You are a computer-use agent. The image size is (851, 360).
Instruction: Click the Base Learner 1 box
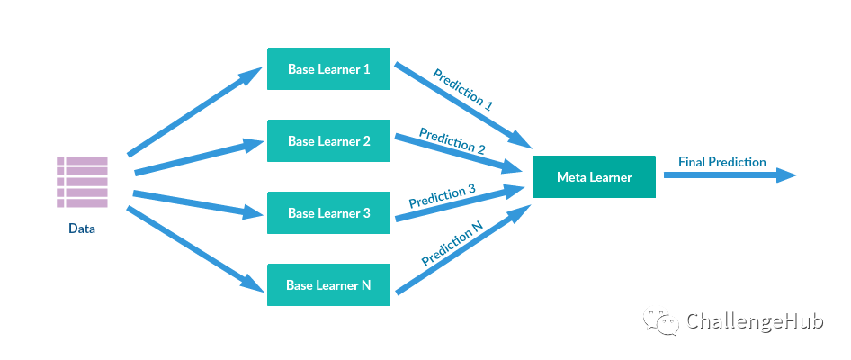click(x=328, y=69)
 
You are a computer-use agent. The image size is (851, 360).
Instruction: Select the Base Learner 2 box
click(x=328, y=141)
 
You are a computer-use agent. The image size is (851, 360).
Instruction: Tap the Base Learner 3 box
click(x=328, y=213)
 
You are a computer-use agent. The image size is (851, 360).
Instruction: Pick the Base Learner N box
click(x=328, y=285)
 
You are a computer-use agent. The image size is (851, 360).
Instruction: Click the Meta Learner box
click(x=594, y=177)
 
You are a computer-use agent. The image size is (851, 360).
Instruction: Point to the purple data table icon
click(x=82, y=182)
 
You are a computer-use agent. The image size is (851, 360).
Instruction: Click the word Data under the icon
click(x=82, y=229)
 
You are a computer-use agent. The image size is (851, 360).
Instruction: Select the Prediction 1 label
click(x=462, y=89)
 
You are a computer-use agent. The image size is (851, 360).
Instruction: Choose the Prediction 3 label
click(x=442, y=196)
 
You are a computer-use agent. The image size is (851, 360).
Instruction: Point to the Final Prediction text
click(x=722, y=162)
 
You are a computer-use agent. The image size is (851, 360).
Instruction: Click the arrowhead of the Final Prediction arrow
click(x=786, y=176)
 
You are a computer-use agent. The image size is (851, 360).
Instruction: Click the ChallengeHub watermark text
click(x=755, y=322)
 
